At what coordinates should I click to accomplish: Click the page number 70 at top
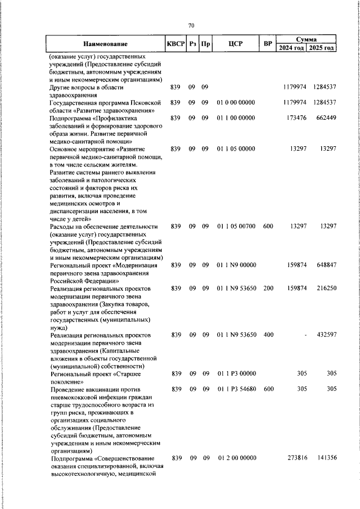coord(191,26)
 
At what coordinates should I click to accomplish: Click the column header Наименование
coord(105,44)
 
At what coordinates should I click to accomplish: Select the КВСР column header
coord(175,44)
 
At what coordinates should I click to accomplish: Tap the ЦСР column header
coord(236,44)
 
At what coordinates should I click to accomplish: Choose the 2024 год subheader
coord(292,48)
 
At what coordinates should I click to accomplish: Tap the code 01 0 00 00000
coord(236,102)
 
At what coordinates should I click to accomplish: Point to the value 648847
coord(325,264)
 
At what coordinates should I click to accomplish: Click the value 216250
coord(325,288)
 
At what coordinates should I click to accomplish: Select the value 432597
coord(325,335)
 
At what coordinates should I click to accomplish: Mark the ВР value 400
coord(268,335)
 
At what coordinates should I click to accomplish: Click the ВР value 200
coord(268,288)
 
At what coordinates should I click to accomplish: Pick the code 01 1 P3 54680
coord(236,389)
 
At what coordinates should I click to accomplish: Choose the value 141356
coord(325,459)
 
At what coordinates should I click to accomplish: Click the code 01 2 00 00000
coord(236,459)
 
